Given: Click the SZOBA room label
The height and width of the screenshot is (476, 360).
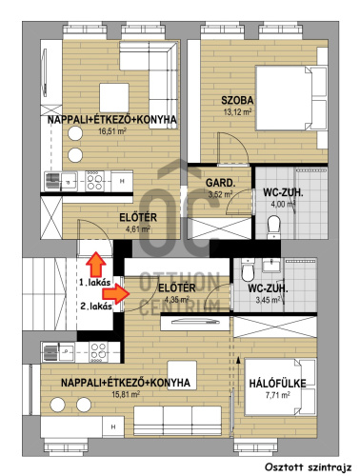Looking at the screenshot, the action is click(237, 100).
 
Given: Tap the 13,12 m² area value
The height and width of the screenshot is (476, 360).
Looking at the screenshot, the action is click(237, 111).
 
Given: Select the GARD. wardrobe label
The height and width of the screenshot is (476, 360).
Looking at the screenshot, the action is click(221, 183).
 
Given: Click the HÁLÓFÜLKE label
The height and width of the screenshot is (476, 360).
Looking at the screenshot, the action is click(277, 384).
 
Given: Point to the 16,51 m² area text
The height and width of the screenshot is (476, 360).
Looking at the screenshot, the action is click(112, 130).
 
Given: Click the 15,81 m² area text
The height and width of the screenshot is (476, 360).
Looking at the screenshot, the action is click(126, 394).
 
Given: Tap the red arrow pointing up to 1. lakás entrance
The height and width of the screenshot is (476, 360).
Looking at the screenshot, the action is click(96, 264).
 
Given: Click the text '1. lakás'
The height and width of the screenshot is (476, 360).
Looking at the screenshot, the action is click(94, 282).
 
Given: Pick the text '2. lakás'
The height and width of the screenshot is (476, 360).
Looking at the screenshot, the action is click(96, 307).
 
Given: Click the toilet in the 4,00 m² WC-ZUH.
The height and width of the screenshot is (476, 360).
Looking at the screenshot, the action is click(273, 227).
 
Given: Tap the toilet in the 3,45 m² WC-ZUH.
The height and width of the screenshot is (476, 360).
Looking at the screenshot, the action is click(248, 270).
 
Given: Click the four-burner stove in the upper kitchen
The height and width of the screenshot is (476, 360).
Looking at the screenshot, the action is click(94, 181).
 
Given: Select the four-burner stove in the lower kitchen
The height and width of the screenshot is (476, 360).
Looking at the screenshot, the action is click(98, 352).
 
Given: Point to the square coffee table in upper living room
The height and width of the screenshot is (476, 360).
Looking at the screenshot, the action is click(114, 98).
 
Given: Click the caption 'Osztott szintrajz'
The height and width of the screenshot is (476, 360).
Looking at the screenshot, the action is click(308, 467).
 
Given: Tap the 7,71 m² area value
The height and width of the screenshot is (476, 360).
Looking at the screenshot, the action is click(277, 395).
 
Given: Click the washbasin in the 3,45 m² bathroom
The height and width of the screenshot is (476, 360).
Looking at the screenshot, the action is click(271, 265).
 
